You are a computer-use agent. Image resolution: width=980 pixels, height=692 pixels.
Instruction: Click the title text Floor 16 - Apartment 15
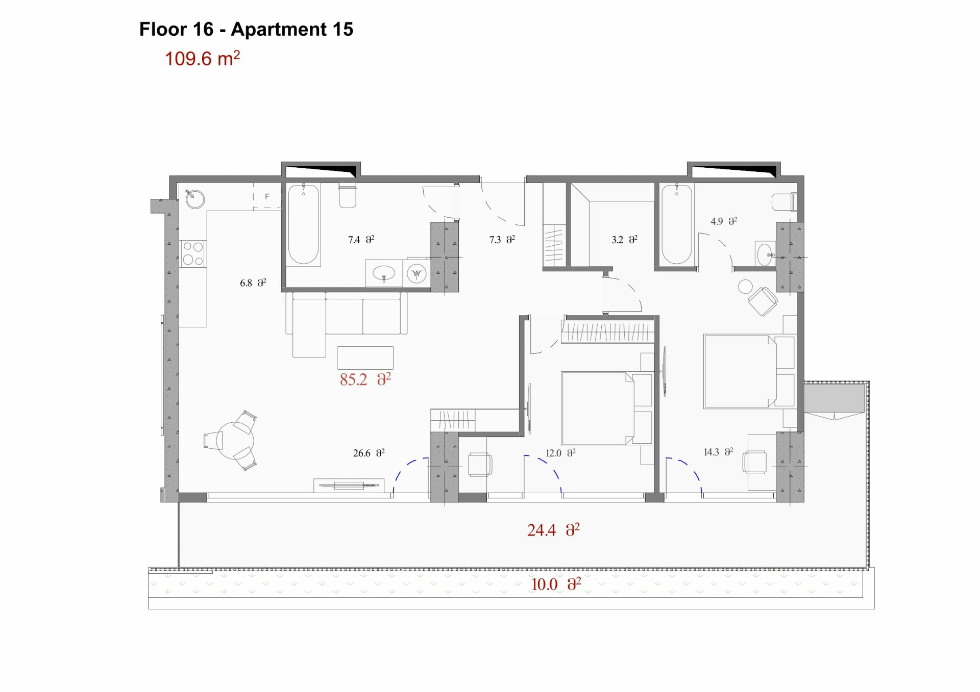(246, 30)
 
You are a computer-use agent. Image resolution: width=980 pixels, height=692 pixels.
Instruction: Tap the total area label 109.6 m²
(202, 58)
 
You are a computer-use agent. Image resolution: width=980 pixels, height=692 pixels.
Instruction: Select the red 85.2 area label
(365, 379)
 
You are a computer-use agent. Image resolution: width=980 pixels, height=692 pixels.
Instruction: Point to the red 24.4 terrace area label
(553, 530)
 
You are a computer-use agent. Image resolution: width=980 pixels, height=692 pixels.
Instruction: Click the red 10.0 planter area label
(556, 584)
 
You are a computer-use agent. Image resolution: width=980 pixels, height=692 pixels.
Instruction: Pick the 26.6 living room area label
(369, 453)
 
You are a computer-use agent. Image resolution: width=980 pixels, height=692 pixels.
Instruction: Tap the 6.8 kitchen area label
(253, 283)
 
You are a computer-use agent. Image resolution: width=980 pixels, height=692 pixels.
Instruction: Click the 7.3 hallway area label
(502, 239)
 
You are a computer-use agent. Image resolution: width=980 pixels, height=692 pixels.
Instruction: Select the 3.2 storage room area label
(625, 239)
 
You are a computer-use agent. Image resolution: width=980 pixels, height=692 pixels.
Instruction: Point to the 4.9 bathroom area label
(724, 221)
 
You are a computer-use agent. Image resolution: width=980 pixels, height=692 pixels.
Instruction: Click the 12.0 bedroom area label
(560, 453)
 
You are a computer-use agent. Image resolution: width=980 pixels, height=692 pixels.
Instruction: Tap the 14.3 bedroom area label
(719, 452)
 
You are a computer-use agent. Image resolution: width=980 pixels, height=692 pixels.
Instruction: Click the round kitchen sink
(195, 199)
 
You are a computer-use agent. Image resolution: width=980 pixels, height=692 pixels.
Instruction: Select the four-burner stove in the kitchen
(193, 253)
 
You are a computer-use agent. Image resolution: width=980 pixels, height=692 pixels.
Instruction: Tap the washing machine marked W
(416, 274)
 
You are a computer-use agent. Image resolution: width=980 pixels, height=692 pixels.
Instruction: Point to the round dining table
(235, 440)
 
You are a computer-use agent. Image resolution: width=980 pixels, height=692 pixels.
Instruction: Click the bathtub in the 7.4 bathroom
(304, 224)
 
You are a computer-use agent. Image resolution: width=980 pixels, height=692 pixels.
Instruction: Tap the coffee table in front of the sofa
(365, 357)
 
